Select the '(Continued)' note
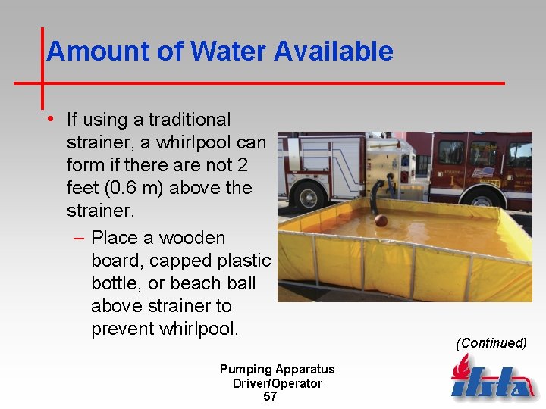[491, 343]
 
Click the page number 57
[270, 396]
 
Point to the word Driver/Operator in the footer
[277, 383]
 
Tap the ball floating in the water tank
[381, 220]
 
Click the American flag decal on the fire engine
[482, 172]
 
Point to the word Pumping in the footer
[246, 370]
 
